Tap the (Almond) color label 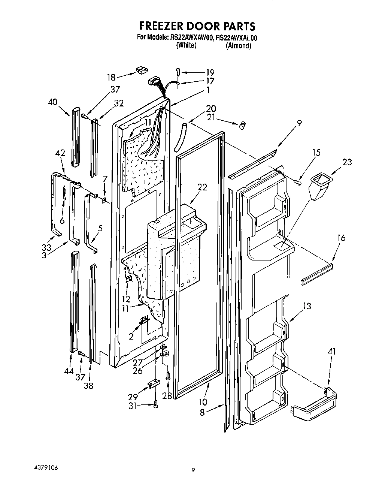click(x=238, y=46)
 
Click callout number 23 click(x=347, y=162)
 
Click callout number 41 click(x=331, y=352)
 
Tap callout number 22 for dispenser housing click(x=202, y=187)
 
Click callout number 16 click(x=341, y=238)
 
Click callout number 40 click(x=53, y=101)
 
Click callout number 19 click(x=210, y=72)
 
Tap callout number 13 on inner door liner click(x=307, y=306)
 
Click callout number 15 click(x=316, y=153)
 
